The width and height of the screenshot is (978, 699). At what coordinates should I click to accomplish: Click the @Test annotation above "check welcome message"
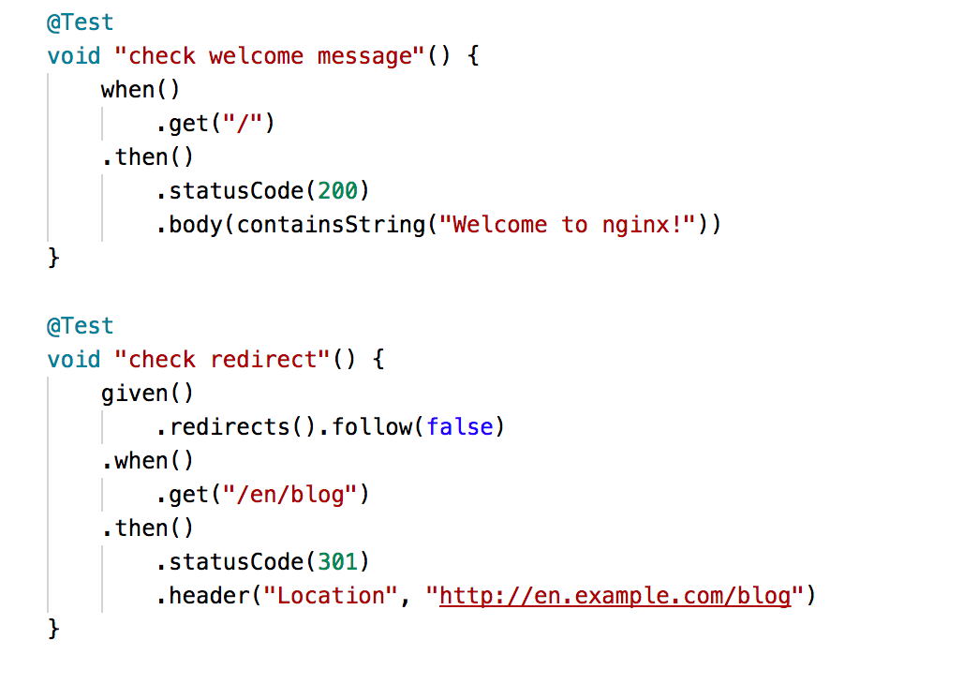(x=80, y=22)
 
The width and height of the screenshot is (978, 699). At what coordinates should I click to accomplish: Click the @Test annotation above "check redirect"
(x=80, y=326)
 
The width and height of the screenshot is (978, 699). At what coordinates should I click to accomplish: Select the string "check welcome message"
(x=270, y=56)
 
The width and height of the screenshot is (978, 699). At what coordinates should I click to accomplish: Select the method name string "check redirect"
(x=223, y=360)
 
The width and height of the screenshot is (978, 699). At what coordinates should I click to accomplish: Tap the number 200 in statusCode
(x=337, y=191)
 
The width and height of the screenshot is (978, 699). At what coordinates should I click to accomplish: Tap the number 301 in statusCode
(x=337, y=562)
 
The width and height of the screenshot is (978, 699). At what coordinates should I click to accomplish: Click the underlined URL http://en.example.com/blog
(x=615, y=596)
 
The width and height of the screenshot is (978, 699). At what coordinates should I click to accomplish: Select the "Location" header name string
(x=331, y=596)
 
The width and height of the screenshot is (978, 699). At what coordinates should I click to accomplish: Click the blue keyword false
(x=459, y=427)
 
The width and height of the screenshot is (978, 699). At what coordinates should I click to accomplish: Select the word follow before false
(x=372, y=427)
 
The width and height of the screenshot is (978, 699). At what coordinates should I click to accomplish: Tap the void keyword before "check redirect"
(x=73, y=360)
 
